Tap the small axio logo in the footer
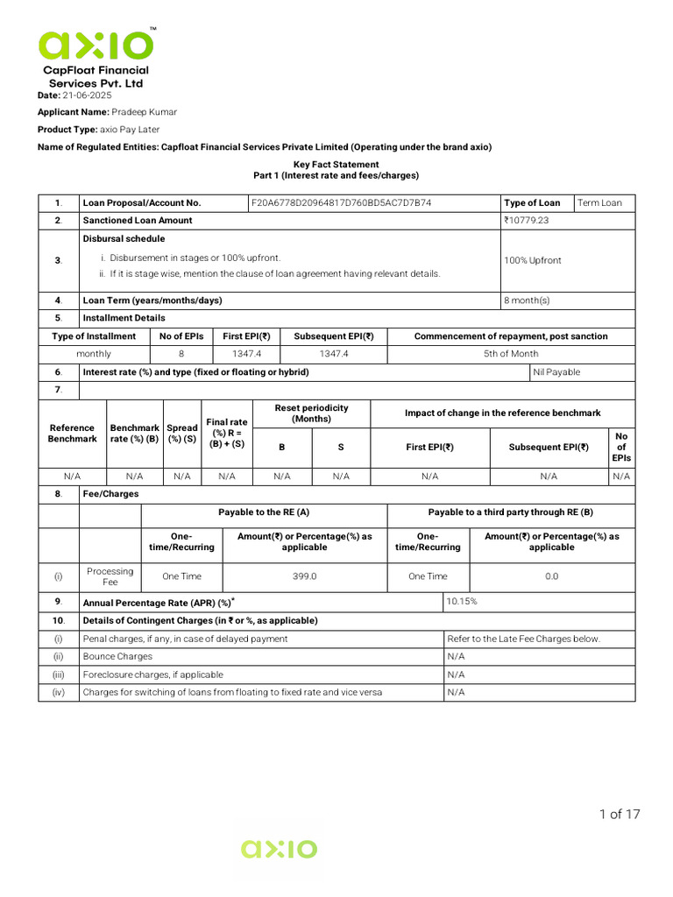point(280,849)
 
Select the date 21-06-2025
point(87,95)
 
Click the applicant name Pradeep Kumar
point(144,112)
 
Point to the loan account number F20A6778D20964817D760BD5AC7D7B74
point(341,202)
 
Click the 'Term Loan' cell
point(600,202)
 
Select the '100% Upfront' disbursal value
point(533,260)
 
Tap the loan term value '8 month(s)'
point(527,300)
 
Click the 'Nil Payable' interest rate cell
point(556,372)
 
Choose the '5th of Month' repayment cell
point(511,354)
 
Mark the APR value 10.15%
point(462,602)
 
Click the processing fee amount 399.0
point(304,576)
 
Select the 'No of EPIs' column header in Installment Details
point(181,336)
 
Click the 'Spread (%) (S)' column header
point(181,434)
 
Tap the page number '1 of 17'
point(620,815)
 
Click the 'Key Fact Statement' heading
point(336,165)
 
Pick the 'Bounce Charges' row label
point(117,656)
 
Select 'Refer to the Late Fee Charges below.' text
point(523,639)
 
